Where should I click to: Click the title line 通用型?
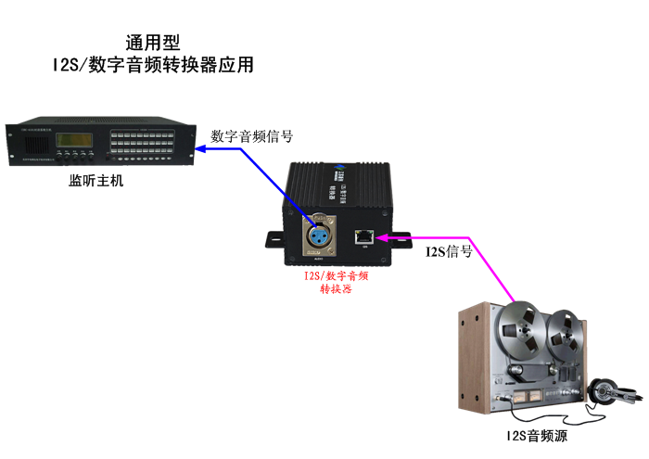pyautogui.click(x=152, y=43)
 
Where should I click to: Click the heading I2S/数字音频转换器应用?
pyautogui.click(x=153, y=66)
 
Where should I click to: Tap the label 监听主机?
pyautogui.click(x=95, y=180)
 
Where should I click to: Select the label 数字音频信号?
pyautogui.click(x=252, y=136)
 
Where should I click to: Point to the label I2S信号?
pyautogui.click(x=448, y=251)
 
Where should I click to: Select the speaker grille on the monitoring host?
pyautogui.click(x=29, y=141)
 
